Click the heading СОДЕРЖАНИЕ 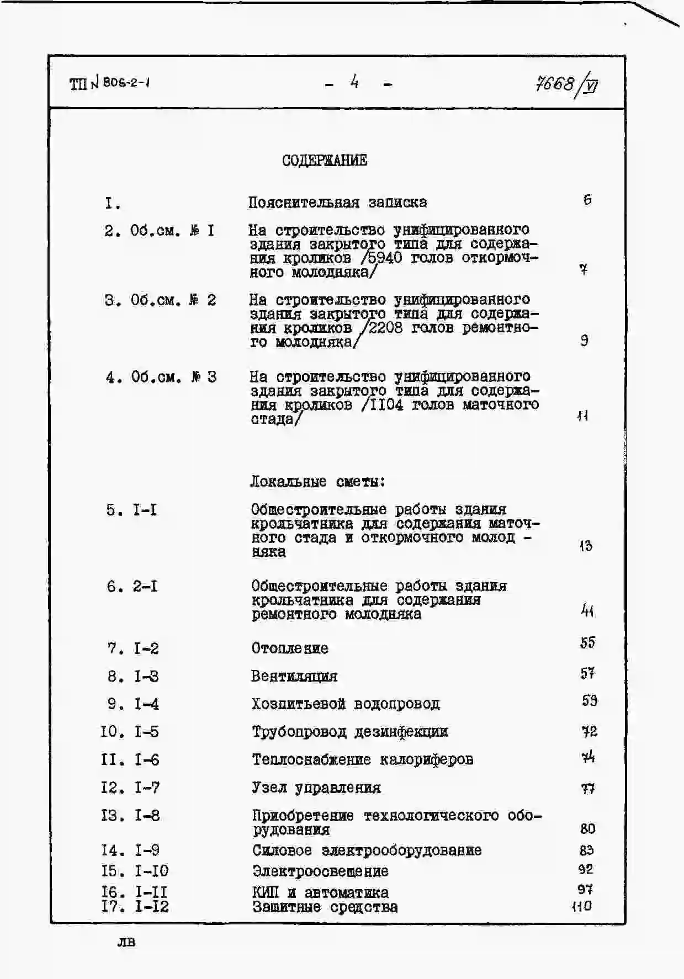pyautogui.click(x=324, y=160)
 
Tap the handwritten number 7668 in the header pyautogui.click(x=555, y=83)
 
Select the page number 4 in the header pyautogui.click(x=354, y=82)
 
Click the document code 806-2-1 pyautogui.click(x=126, y=83)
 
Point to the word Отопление pyautogui.click(x=290, y=648)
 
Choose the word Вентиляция pyautogui.click(x=294, y=676)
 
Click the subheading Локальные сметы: pyautogui.click(x=317, y=481)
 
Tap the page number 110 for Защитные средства pyautogui.click(x=582, y=906)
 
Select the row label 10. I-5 pyautogui.click(x=130, y=732)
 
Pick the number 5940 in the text pyautogui.click(x=385, y=258)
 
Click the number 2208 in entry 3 pyautogui.click(x=386, y=328)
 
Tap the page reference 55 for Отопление pyautogui.click(x=587, y=642)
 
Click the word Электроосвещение pyautogui.click(x=320, y=871)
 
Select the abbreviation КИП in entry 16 pyautogui.click(x=266, y=892)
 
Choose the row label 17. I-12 pyautogui.click(x=135, y=906)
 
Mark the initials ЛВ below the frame pyautogui.click(x=126, y=941)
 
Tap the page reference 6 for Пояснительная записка pyautogui.click(x=587, y=200)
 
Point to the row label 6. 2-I pyautogui.click(x=132, y=586)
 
